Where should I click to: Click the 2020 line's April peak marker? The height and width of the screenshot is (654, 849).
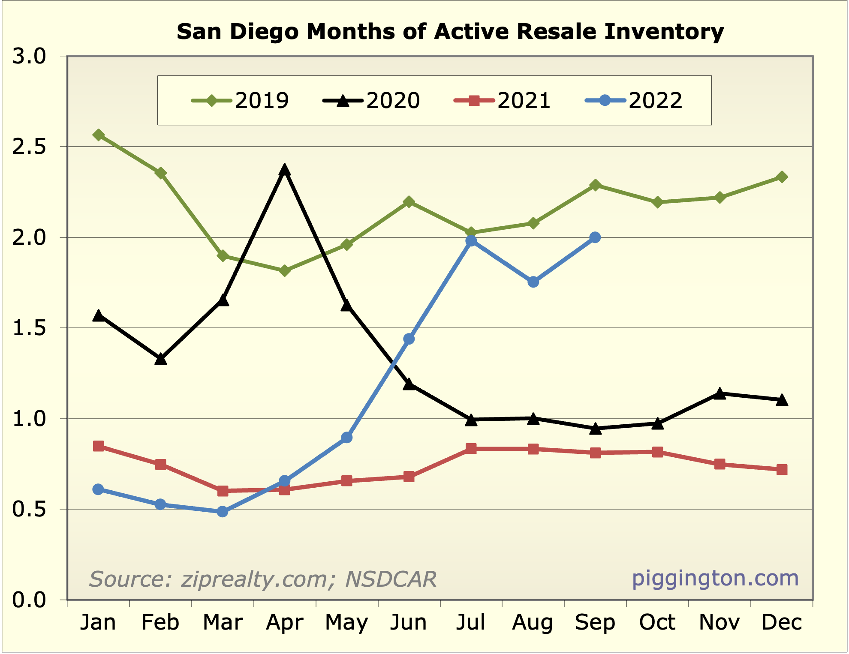pos(284,170)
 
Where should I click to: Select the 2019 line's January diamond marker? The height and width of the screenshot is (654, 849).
pos(98,135)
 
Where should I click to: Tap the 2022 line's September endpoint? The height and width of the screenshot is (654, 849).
pos(595,237)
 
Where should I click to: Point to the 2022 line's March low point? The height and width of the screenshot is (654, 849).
pos(223,511)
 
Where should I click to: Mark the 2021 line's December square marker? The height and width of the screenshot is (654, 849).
pos(782,470)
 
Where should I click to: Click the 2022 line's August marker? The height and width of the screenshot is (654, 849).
pos(533,282)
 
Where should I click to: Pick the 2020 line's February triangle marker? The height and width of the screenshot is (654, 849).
pos(160,359)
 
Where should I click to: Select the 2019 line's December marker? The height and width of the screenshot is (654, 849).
pos(782,177)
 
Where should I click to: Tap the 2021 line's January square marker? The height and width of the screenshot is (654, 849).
pos(98,446)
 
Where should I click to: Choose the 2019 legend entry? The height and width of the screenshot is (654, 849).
pos(240,101)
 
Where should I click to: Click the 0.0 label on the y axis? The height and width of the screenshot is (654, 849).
pos(29,600)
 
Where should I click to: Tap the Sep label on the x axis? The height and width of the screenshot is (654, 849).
pos(595,622)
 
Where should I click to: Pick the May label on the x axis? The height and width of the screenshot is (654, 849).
pos(346,622)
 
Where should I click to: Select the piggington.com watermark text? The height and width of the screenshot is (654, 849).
pos(715,578)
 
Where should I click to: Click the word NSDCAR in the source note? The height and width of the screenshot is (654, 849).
pos(391,579)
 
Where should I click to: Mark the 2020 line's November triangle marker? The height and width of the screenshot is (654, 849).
pos(720,393)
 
